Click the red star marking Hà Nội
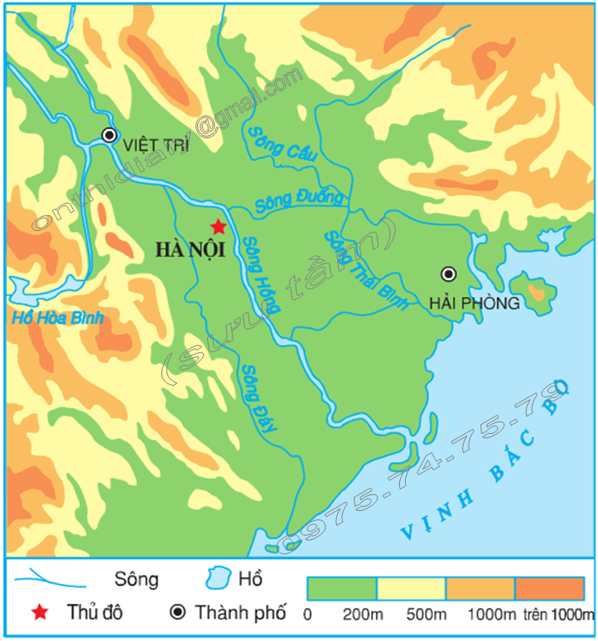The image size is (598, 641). (218, 226)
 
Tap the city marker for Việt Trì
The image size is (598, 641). (109, 136)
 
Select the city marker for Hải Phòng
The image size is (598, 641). (448, 274)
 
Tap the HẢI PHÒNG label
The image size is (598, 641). (475, 303)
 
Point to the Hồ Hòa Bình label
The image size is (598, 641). (52, 318)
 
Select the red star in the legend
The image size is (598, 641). (39, 613)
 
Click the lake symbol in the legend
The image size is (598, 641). (219, 578)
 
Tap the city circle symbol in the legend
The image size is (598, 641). (177, 613)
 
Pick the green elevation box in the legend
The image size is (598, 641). (341, 588)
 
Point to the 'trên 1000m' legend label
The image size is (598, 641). (559, 615)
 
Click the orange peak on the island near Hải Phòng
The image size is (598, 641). (538, 292)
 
